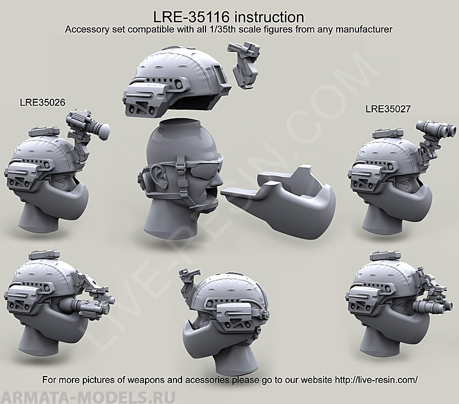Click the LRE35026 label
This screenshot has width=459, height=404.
[42, 102]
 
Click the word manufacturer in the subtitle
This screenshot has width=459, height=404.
[364, 29]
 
